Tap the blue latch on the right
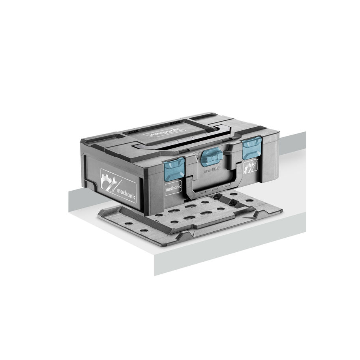point(251,148)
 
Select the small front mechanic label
point(173,188)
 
